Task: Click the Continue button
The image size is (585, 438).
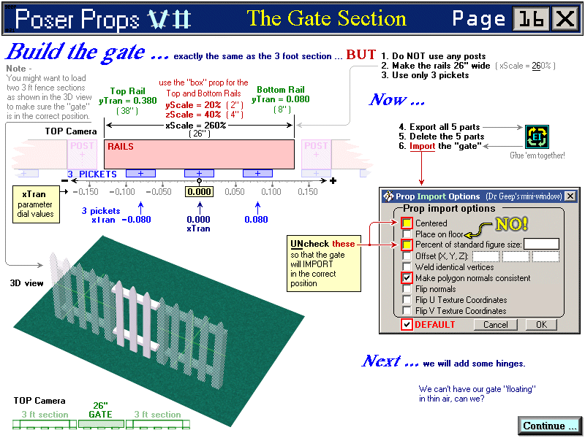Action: point(550,426)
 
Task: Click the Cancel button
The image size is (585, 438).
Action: point(495,325)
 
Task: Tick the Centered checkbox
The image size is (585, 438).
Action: point(407,223)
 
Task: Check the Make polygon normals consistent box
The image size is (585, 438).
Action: point(407,278)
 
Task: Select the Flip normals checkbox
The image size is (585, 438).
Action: point(407,289)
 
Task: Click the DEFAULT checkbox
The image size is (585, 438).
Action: point(407,325)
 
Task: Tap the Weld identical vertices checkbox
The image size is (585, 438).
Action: point(407,267)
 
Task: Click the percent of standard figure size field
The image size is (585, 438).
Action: point(542,244)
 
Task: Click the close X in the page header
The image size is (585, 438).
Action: point(565,19)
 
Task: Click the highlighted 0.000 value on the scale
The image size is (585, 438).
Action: point(198,191)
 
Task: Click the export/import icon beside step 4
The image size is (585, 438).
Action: point(537,137)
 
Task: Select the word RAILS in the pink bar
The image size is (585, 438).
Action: point(121,147)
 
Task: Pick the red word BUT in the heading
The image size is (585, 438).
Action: point(361,55)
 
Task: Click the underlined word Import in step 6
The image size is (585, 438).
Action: point(422,146)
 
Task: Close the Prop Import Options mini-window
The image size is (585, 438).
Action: point(570,196)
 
